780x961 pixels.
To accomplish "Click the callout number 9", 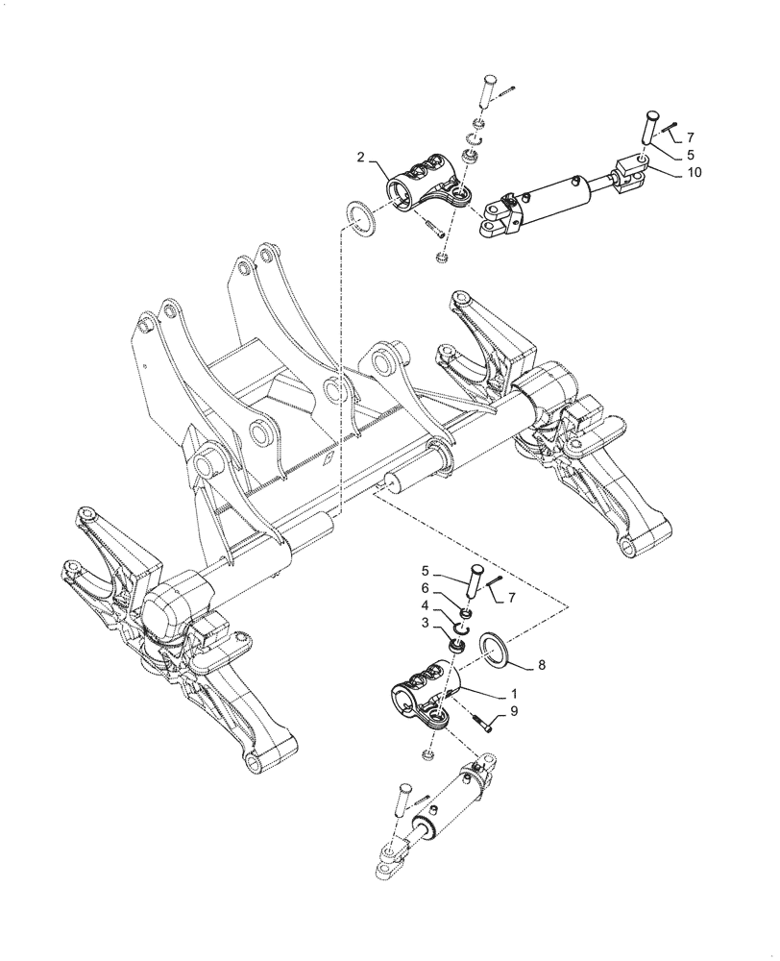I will [514, 712].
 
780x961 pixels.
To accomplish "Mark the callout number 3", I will [426, 624].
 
